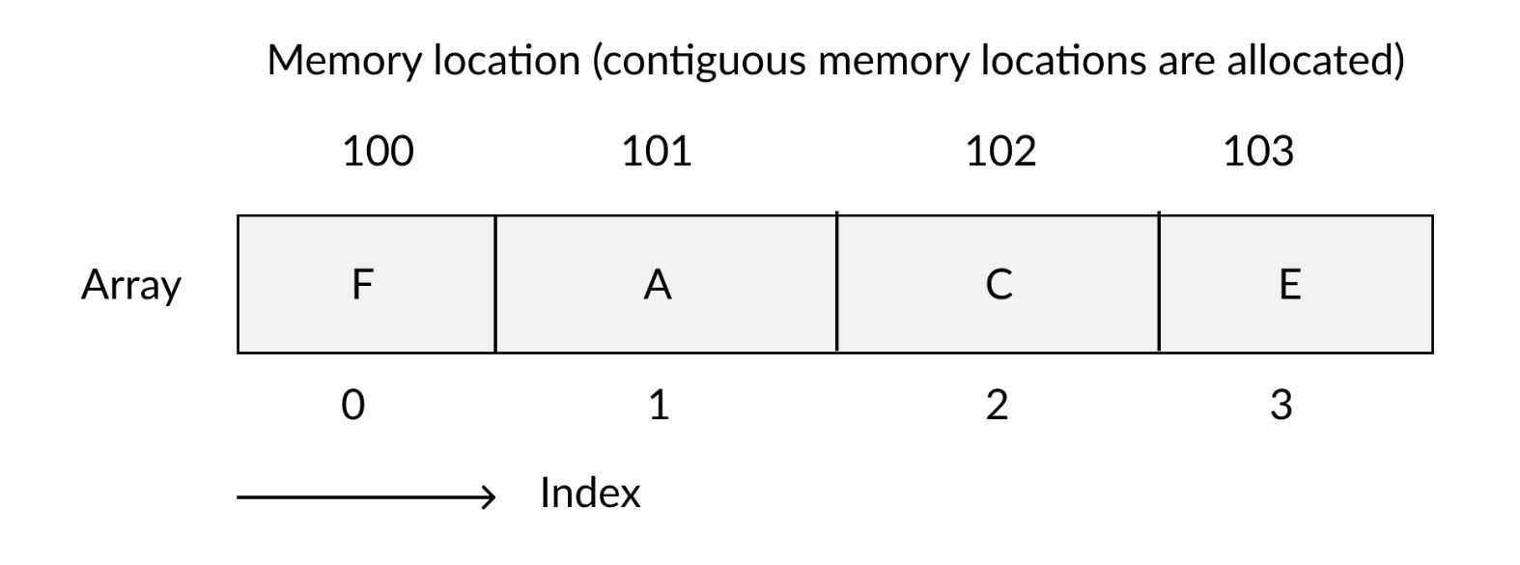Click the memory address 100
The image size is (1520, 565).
click(x=378, y=152)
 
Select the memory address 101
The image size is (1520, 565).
click(x=656, y=152)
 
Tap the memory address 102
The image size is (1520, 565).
click(x=1000, y=152)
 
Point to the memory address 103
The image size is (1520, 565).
click(x=1258, y=152)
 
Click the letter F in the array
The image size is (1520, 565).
click(x=362, y=285)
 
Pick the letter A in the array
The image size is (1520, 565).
click(x=658, y=285)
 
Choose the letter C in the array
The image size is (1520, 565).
click(x=999, y=285)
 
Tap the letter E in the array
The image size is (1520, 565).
click(x=1289, y=285)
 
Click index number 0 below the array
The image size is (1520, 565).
click(x=353, y=405)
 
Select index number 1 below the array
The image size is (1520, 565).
click(x=659, y=405)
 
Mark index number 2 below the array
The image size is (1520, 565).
click(x=998, y=405)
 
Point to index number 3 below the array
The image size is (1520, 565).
click(x=1281, y=405)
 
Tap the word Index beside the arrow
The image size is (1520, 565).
click(x=589, y=494)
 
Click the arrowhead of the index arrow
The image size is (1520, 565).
click(x=489, y=497)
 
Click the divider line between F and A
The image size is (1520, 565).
click(x=495, y=284)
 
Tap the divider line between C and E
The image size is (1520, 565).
click(x=1159, y=284)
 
